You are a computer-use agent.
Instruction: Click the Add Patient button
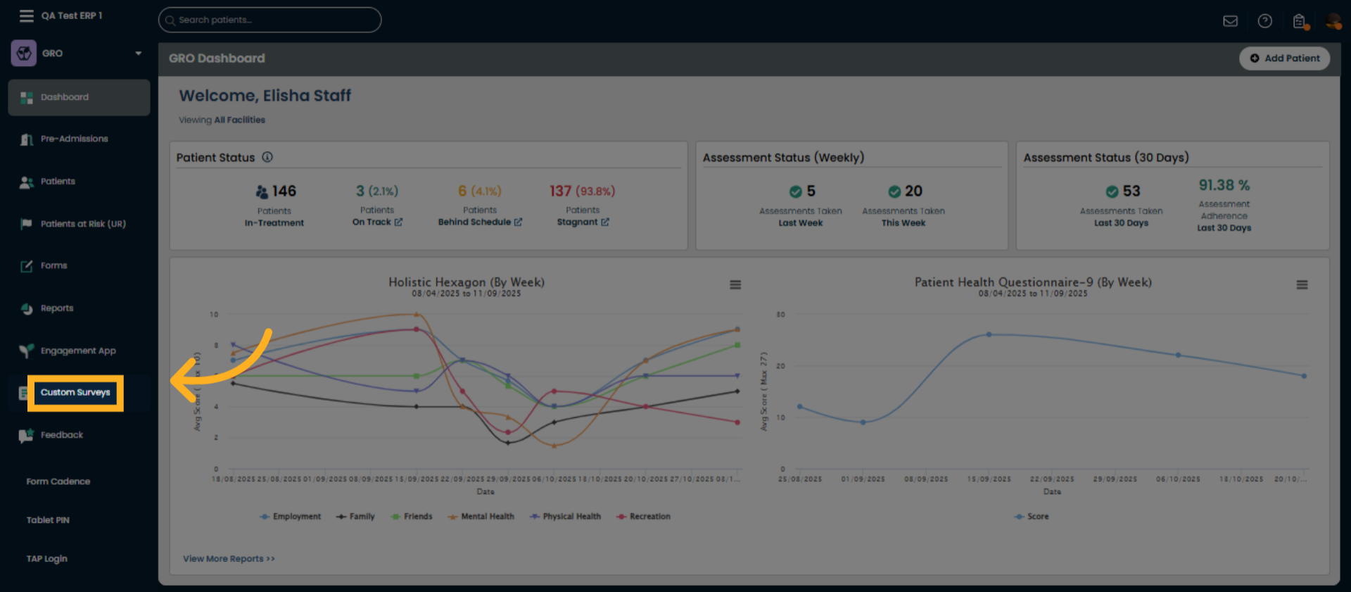click(1284, 58)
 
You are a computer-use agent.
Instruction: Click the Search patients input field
click(270, 20)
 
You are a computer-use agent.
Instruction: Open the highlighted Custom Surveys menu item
click(75, 393)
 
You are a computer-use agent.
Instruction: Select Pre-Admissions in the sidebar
click(74, 139)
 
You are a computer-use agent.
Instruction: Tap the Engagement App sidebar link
click(77, 351)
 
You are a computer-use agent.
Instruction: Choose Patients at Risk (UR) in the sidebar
click(82, 224)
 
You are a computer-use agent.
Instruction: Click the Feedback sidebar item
click(61, 435)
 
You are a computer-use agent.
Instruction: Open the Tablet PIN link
click(48, 520)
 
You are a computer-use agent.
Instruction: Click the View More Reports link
click(229, 559)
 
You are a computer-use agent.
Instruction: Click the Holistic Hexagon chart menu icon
click(735, 285)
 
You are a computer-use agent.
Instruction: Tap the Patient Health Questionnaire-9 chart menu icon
click(1302, 285)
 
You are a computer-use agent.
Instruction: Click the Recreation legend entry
click(644, 517)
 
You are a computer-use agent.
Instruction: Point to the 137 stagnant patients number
click(560, 191)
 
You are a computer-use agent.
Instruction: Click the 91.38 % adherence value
click(1224, 185)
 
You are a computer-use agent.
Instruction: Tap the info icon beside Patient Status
click(267, 157)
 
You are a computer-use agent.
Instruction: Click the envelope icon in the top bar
click(1230, 21)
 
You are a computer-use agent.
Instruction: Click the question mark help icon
click(1264, 21)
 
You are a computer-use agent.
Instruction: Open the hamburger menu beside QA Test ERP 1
click(27, 15)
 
